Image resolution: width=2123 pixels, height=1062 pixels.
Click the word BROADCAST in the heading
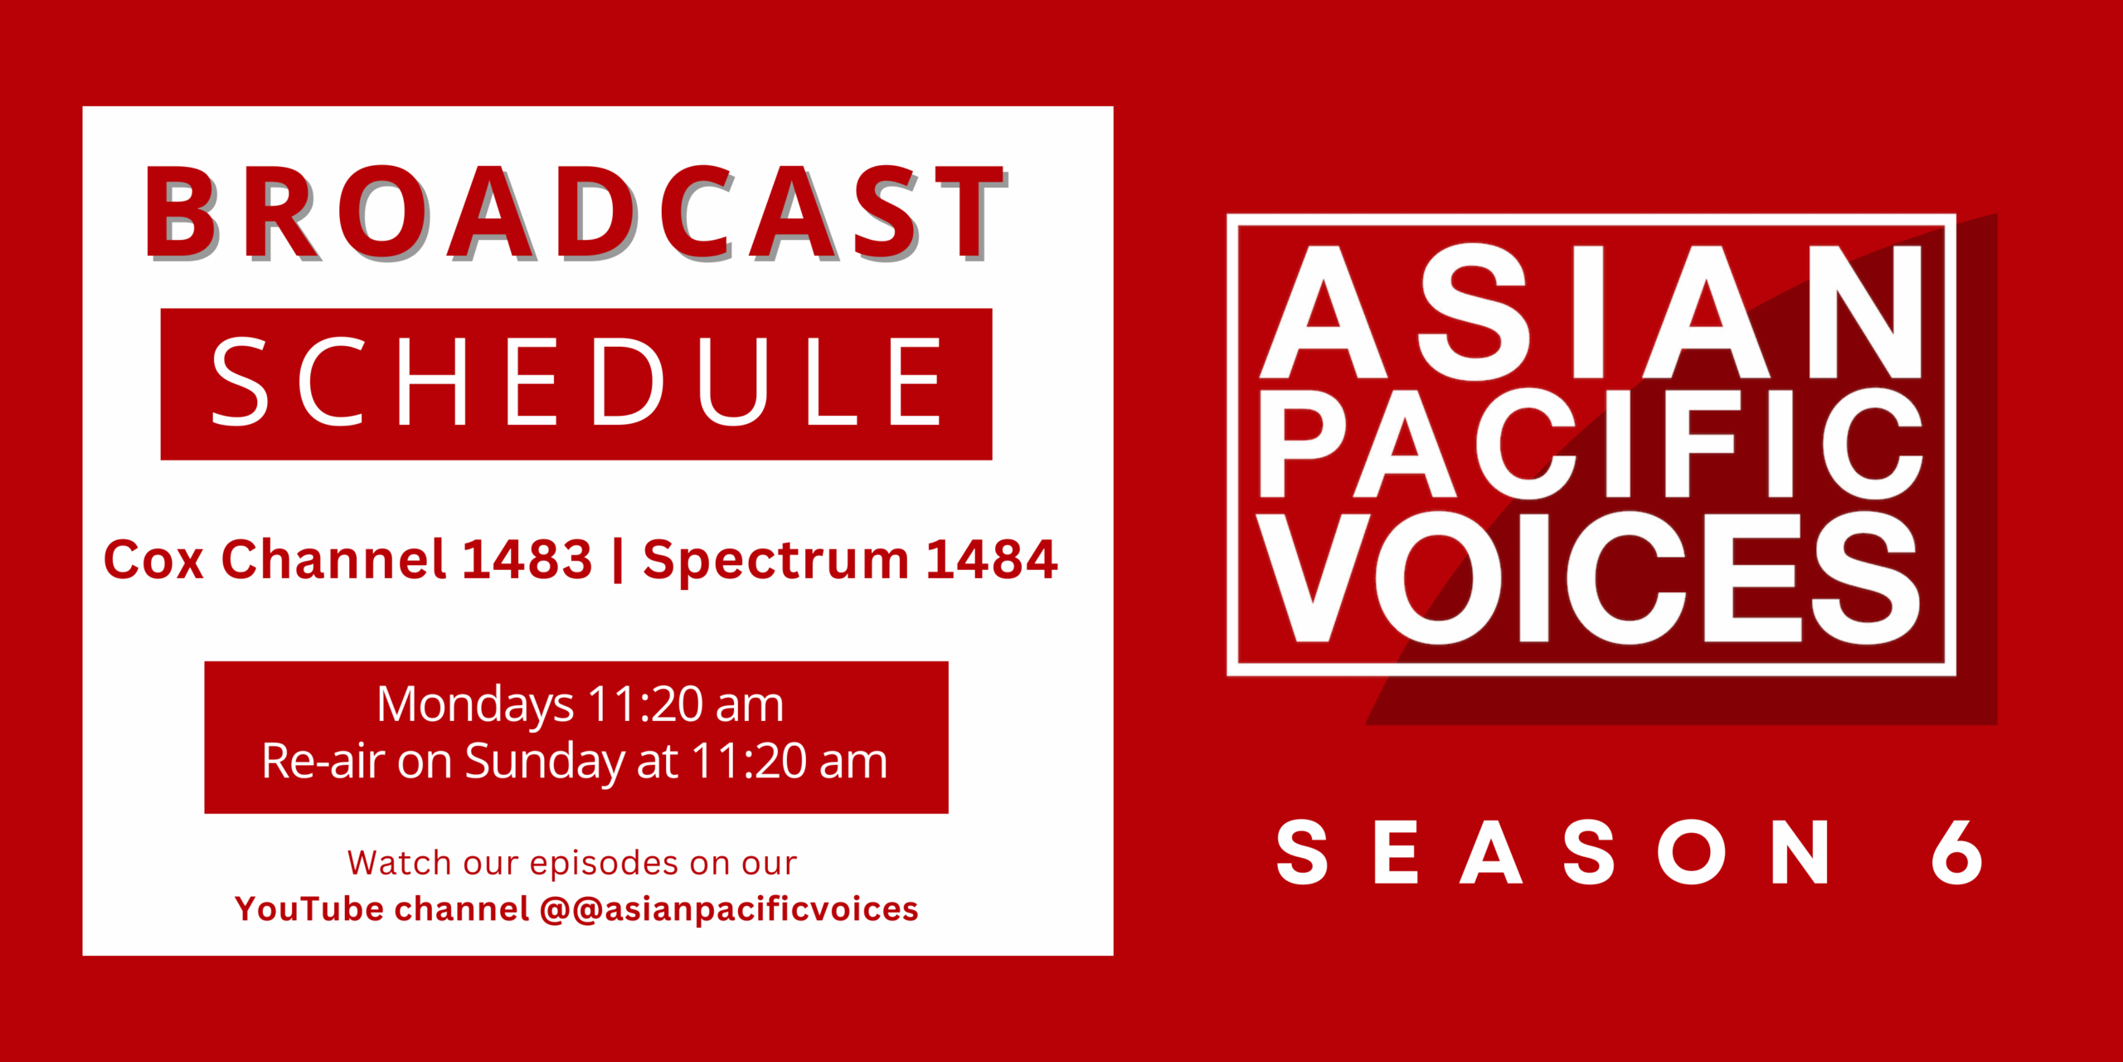576,212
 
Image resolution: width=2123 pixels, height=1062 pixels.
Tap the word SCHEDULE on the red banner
577,382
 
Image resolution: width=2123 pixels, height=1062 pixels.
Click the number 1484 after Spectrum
992,559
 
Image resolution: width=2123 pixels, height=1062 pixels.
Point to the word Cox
153,559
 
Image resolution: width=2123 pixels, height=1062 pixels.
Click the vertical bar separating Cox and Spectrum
618,561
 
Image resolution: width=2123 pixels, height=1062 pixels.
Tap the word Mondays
475,705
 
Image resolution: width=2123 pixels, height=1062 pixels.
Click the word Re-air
323,760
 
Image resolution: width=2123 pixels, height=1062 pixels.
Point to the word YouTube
309,909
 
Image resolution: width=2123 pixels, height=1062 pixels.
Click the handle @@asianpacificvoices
729,910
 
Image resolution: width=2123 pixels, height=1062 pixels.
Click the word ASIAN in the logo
1591,312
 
